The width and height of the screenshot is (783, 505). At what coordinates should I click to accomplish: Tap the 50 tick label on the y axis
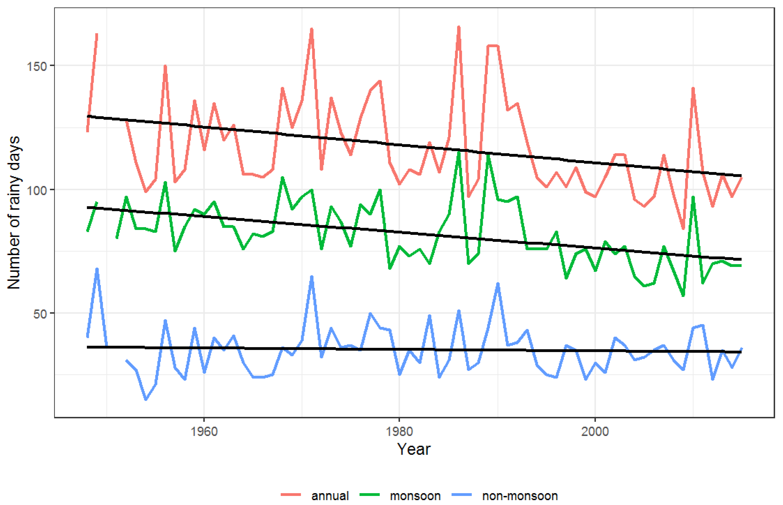point(39,314)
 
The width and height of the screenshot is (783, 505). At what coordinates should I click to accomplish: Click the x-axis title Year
point(414,449)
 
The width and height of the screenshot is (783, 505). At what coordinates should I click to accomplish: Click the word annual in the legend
point(330,496)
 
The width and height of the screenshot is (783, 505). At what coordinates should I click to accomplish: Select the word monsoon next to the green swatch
point(415,496)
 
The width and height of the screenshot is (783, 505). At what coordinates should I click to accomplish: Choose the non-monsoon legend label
point(520,496)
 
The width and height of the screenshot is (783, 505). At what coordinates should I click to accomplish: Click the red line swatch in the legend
point(291,495)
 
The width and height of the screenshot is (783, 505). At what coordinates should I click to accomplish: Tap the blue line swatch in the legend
point(461,495)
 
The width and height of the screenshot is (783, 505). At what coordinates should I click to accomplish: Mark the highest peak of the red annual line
point(459,27)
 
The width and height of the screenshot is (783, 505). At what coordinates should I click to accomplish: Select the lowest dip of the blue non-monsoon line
point(146,399)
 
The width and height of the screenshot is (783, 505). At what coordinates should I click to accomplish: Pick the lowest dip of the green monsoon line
point(683,296)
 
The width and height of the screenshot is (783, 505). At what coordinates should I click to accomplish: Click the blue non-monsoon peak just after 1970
point(312,276)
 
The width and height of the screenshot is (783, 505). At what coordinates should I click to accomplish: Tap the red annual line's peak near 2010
point(693,88)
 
